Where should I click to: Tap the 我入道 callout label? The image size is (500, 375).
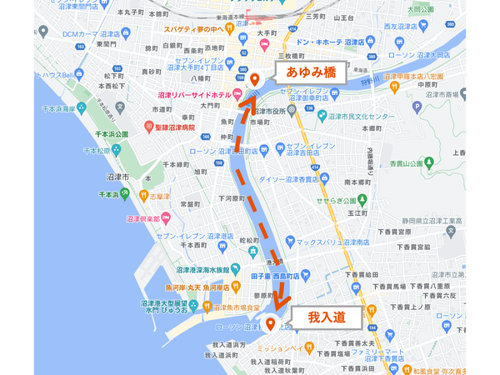pos(326,317)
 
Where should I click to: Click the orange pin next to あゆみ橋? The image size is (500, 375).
pos(255,79)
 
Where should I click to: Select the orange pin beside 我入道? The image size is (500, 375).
pos(270,324)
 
